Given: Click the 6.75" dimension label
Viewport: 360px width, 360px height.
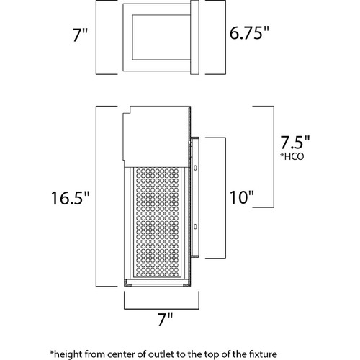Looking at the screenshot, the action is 249,33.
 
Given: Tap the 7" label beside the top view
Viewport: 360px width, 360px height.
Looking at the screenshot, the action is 81,35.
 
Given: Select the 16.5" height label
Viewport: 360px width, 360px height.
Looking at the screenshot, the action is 71,198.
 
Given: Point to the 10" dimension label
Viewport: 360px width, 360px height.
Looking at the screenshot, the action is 242,197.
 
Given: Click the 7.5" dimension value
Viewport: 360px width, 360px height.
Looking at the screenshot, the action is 295,143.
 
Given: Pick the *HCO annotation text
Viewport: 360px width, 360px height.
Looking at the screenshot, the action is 292,156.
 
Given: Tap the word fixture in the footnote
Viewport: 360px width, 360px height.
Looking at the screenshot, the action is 264,354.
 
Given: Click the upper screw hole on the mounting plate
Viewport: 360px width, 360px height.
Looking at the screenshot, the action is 195,168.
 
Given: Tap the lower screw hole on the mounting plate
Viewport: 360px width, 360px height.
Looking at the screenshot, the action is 195,226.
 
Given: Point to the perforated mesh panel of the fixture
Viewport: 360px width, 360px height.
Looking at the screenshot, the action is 157,222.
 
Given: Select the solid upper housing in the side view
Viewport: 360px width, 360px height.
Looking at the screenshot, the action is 156,136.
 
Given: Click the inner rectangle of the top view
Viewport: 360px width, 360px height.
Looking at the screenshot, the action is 161,37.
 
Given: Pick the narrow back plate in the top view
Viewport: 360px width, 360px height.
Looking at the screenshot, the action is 194,37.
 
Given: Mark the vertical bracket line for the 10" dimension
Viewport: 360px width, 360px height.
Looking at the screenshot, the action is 225,198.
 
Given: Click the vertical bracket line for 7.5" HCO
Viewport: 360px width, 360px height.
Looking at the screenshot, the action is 274,157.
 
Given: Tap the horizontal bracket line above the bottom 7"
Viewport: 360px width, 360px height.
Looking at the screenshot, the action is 161,309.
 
